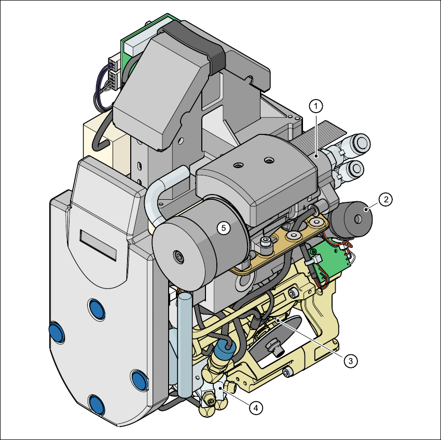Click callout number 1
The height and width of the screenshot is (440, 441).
[316, 106]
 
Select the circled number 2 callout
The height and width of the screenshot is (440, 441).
[385, 199]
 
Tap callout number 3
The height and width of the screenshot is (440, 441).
[350, 361]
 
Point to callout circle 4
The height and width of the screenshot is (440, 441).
[256, 408]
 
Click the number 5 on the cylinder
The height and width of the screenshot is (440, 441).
[224, 228]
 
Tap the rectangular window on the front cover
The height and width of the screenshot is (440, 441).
[98, 245]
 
